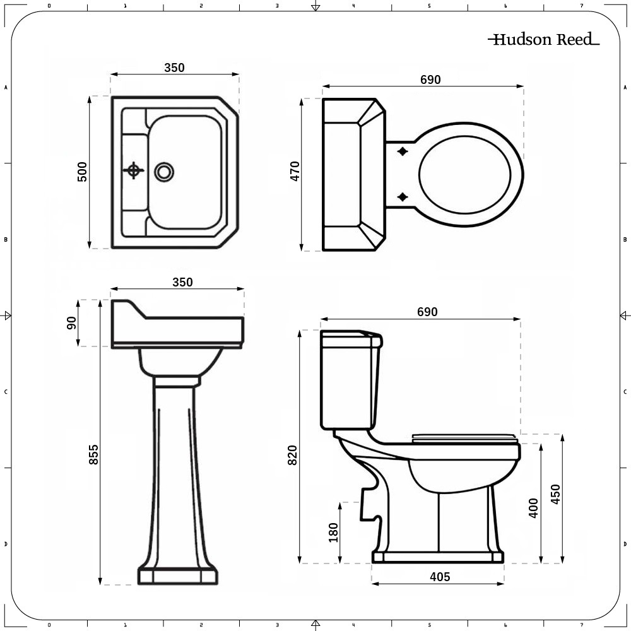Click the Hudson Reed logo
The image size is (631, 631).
544,39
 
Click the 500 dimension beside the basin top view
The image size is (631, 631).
82,172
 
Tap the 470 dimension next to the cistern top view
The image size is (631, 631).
295,171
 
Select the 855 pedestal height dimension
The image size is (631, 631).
93,454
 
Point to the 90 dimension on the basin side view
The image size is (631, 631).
71,322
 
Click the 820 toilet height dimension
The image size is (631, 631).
293,455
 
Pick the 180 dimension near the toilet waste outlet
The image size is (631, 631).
334,533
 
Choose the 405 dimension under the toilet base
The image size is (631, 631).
440,577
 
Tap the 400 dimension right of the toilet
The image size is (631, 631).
534,508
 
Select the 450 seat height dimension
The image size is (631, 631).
555,494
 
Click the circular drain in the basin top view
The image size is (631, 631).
164,172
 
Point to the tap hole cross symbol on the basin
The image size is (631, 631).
134,170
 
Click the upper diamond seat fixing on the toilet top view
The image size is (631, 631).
403,151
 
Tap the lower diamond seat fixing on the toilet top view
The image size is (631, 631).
403,197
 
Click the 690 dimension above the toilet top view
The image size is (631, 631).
430,80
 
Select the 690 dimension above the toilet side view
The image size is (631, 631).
427,312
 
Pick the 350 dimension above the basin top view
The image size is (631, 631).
174,68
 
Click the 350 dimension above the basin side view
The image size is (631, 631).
183,282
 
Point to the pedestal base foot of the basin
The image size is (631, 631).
178,576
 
